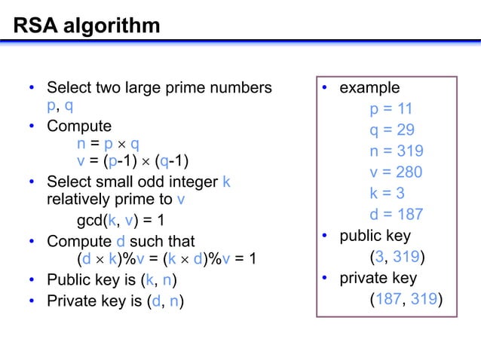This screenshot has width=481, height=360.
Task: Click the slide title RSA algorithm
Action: pyautogui.click(x=86, y=26)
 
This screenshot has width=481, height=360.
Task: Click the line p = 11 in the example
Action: pyautogui.click(x=391, y=109)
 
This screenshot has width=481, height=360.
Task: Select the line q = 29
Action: pyautogui.click(x=391, y=130)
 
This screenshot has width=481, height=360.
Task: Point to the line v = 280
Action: pyautogui.click(x=396, y=172)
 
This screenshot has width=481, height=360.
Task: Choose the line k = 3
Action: pyautogui.click(x=387, y=193)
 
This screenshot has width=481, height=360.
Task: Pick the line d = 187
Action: pyautogui.click(x=396, y=215)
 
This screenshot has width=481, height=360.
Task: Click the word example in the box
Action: pyautogui.click(x=369, y=88)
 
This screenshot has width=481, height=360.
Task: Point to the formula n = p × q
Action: pyautogui.click(x=108, y=143)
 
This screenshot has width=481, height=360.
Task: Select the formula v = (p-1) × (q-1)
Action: pyautogui.click(x=133, y=161)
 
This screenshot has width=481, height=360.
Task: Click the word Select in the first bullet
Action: pyautogui.click(x=69, y=88)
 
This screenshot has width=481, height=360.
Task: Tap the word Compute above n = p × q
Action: pyautogui.click(x=78, y=126)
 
